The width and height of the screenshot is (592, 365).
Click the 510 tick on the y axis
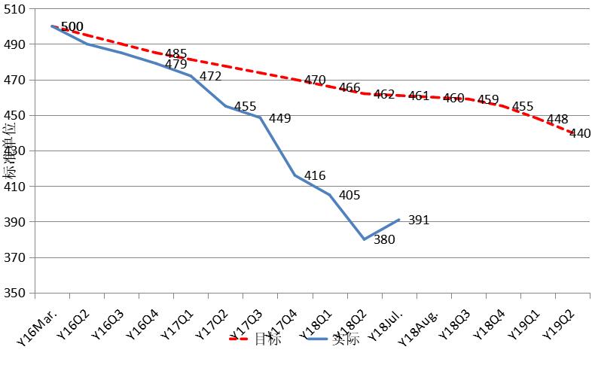14,9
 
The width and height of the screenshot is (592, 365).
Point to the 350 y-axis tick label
14,294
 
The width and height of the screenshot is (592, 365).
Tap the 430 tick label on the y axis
14,151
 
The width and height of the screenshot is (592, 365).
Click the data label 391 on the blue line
419,221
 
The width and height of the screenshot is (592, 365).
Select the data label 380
384,240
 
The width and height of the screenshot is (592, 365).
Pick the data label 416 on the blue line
315,176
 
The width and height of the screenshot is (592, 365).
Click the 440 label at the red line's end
580,133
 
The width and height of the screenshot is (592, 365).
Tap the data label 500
72,27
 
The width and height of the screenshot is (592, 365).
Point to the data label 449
279,118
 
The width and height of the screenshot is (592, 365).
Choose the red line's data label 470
315,80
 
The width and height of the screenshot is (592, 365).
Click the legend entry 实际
346,339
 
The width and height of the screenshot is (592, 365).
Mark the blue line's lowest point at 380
364,239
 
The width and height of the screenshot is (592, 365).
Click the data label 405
349,196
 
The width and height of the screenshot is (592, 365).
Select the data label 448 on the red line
557,120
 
